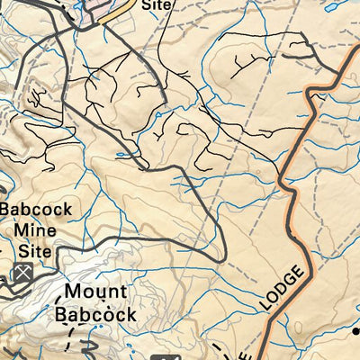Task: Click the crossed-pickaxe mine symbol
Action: pyautogui.click(x=22, y=271)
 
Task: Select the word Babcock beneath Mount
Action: pyautogui.click(x=95, y=314)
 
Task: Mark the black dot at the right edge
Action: pyautogui.click(x=356, y=330)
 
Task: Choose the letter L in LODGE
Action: pyautogui.click(x=268, y=309)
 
